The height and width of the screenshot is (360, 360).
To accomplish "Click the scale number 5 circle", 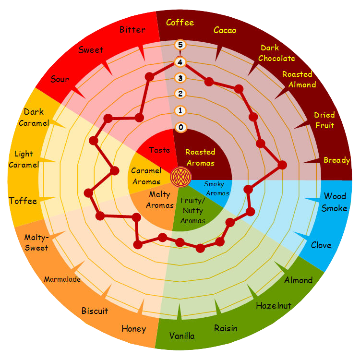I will (180, 45).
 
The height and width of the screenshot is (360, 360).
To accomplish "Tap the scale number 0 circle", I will (180, 128).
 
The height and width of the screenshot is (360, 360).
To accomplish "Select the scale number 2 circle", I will (180, 94).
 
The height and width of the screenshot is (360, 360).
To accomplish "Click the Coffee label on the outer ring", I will (180, 23).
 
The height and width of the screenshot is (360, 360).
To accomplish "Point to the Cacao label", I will (225, 30).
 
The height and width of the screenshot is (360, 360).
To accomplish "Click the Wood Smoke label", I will (335, 202).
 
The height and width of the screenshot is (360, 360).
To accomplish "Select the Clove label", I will (321, 245).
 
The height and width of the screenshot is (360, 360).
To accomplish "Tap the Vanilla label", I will (182, 336).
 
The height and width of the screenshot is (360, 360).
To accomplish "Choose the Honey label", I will (133, 329).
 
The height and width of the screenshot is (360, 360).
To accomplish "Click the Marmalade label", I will (62, 279).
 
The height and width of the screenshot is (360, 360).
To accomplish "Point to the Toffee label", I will (23, 201).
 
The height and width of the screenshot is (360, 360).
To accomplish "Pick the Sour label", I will (60, 79).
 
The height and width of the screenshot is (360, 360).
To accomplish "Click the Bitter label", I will (132, 30).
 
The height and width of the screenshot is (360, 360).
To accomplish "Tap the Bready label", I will (336, 160).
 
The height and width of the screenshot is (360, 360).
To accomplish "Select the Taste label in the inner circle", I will (159, 150).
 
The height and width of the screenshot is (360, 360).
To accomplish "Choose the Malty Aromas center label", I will (160, 200).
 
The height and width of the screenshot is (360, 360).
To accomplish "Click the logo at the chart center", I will (180, 177).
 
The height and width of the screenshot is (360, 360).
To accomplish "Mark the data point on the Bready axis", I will (282, 165).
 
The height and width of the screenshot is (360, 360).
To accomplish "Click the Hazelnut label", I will (273, 306).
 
